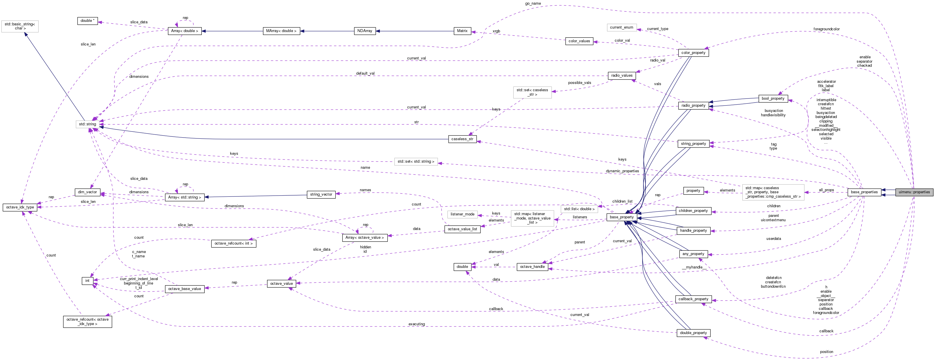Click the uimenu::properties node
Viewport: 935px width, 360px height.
914,192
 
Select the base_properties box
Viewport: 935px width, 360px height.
864,192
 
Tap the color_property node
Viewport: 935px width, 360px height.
693,53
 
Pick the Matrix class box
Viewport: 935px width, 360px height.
462,31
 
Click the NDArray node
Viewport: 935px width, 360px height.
364,31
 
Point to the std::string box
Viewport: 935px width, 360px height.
87,124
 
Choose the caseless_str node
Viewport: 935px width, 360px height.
462,139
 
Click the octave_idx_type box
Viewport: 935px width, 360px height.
20,207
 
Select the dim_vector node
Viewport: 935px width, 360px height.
87,192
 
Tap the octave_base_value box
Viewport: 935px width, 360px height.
184,289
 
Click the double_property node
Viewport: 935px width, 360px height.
693,333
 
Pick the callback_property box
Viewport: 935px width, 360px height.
693,299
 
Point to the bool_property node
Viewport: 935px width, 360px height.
773,98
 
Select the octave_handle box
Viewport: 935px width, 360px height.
532,267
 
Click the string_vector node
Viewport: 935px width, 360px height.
321,194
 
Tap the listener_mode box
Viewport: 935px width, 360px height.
462,214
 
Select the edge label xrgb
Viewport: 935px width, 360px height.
496,31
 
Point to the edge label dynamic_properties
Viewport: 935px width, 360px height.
622,171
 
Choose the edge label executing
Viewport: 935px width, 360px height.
416,324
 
